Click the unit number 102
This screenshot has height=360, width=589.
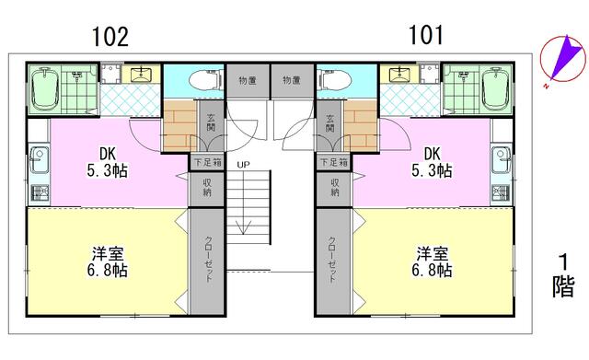(x=110, y=37)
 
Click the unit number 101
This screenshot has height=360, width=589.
(x=425, y=35)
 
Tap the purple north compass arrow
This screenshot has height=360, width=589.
(x=563, y=58)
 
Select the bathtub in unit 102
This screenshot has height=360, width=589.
(x=45, y=89)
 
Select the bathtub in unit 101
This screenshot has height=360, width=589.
(x=496, y=89)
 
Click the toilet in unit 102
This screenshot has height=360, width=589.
(x=205, y=80)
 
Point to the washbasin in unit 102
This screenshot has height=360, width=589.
(x=142, y=74)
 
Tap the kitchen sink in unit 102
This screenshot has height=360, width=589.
(x=39, y=159)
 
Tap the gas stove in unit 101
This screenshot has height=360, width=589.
(x=501, y=193)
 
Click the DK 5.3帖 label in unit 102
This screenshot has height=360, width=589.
(x=107, y=162)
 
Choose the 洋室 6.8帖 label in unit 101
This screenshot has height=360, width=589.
(x=432, y=261)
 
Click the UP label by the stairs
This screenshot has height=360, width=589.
(x=243, y=165)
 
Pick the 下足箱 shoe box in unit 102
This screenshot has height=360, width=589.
(x=207, y=163)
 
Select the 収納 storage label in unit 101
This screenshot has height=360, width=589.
(x=335, y=187)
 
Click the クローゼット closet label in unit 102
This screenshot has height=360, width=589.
(x=209, y=259)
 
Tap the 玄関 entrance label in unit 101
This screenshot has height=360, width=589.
(x=329, y=122)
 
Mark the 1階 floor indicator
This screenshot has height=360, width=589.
(x=562, y=276)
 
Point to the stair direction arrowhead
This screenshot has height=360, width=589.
(x=243, y=227)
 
